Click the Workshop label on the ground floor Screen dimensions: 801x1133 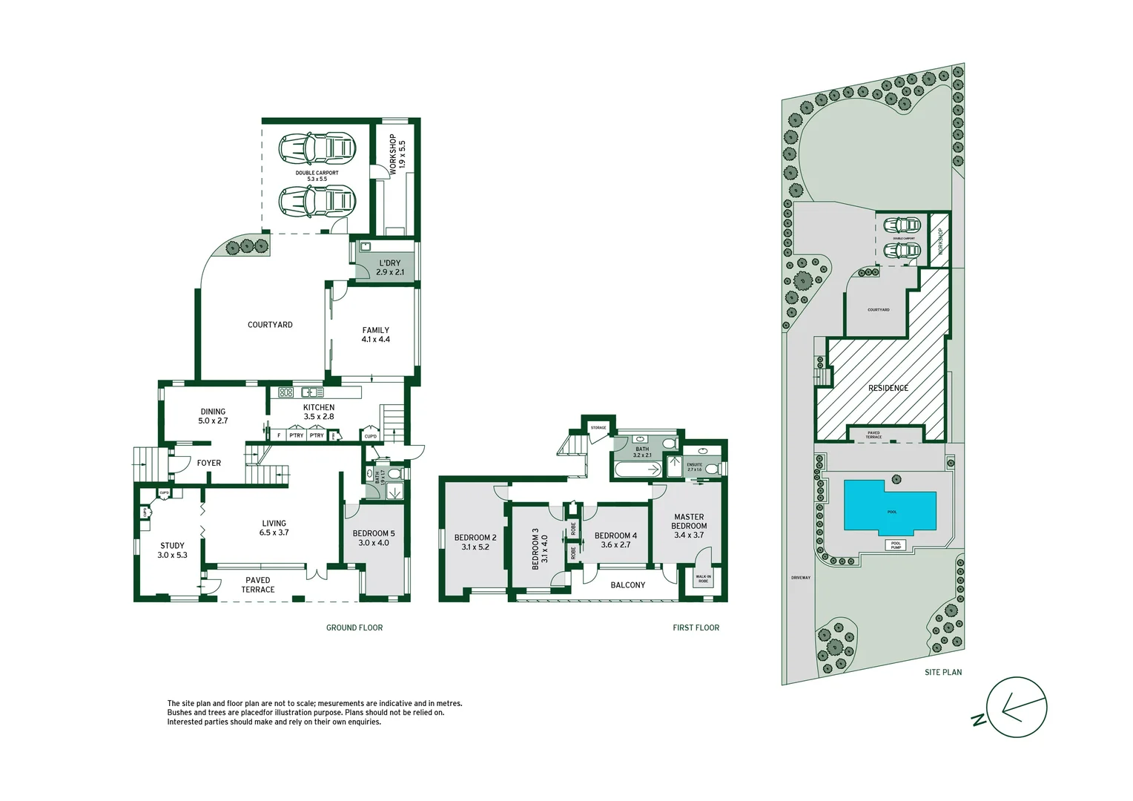[x=397, y=154]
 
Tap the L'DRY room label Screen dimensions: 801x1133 [x=390, y=268]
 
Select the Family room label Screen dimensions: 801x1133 [x=375, y=334]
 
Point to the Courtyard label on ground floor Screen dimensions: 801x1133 [x=270, y=325]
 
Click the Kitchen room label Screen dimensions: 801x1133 [x=319, y=412]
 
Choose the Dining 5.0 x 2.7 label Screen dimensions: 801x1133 [x=213, y=416]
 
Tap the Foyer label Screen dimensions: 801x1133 [x=208, y=463]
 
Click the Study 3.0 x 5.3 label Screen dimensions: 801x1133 [x=172, y=550]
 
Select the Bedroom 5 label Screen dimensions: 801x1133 [x=374, y=538]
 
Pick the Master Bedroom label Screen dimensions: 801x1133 [x=689, y=526]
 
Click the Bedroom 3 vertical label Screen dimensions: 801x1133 [x=540, y=549]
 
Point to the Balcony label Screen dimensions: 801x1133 [x=627, y=585]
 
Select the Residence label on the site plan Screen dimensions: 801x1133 [x=888, y=388]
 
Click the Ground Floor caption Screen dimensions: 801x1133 [x=354, y=627]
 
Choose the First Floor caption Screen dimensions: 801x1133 [x=696, y=627]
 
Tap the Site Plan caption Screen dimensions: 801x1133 [x=942, y=672]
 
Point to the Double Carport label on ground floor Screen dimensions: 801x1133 [x=317, y=176]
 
